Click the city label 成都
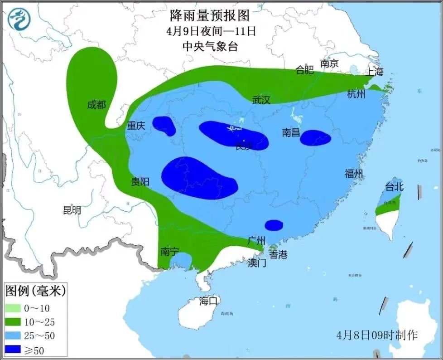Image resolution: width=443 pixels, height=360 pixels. tap(96, 105)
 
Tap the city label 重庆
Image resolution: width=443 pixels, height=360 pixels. tap(135, 126)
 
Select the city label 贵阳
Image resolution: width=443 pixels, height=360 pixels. tap(140, 182)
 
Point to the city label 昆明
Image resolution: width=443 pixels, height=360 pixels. tap(72, 210)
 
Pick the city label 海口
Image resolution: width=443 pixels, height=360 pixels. tap(209, 300)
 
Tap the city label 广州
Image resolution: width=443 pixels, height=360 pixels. tap(256, 241)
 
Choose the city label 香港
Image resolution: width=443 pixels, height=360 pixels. tap(278, 255)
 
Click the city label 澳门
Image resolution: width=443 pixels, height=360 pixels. tap(257, 263)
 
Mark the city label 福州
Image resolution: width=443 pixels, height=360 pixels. tap(354, 173)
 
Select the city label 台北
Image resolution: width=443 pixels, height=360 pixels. tap(394, 187)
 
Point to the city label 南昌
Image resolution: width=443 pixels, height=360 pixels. tap(291, 132)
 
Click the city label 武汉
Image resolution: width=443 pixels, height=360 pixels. tap(261, 100)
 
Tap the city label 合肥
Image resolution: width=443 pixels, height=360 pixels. tap(304, 70)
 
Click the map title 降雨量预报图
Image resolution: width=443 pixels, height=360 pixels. tap(210, 16)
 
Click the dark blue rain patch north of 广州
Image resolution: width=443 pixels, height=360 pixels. tap(274, 225)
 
